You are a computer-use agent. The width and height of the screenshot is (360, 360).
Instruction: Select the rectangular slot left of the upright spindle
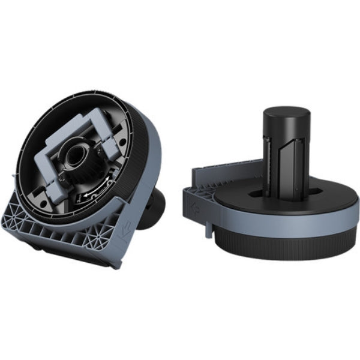click(x=256, y=194)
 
